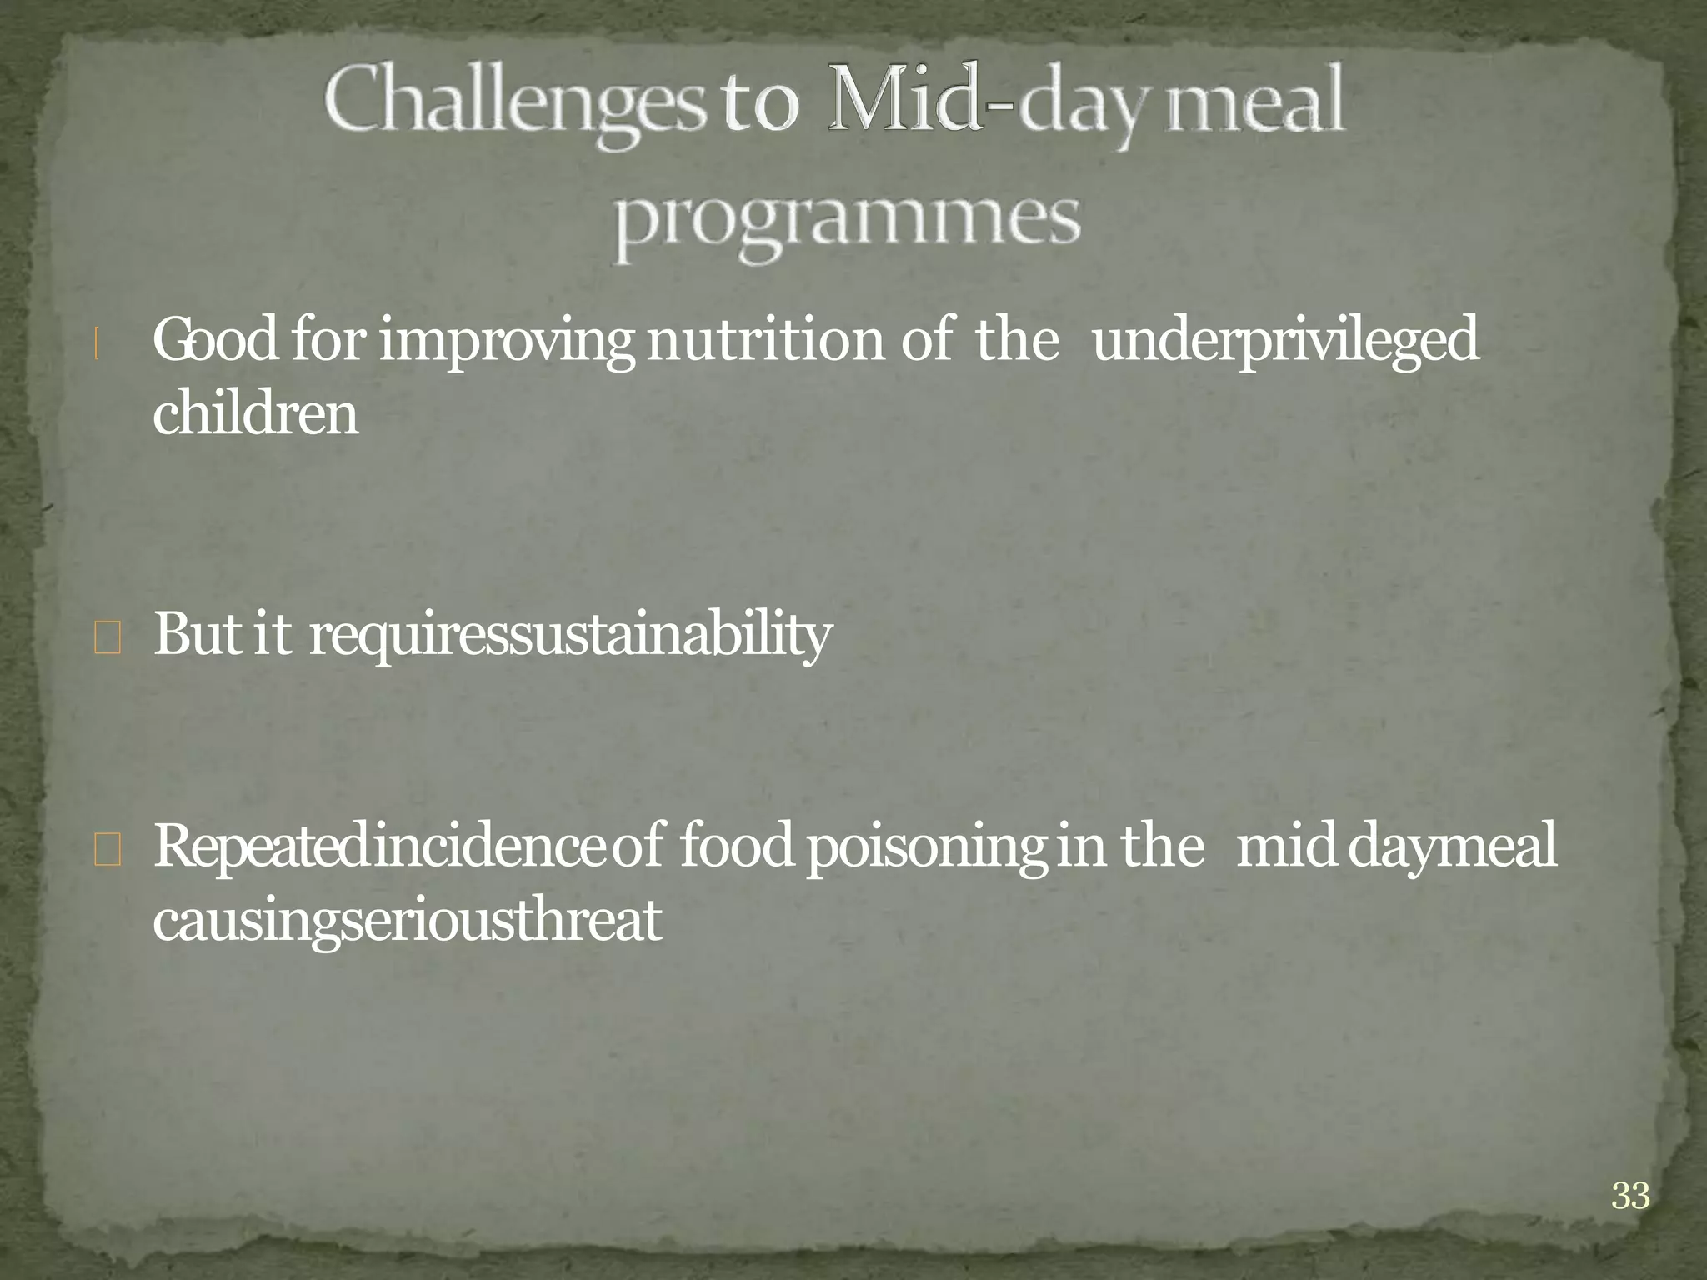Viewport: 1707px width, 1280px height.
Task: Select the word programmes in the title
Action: coord(847,222)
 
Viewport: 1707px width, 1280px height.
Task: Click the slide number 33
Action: coord(1629,1196)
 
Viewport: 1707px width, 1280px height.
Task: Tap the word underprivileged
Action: coord(1284,342)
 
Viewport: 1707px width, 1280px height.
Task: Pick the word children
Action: coord(255,413)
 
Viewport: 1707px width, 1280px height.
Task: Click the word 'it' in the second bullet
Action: coord(271,633)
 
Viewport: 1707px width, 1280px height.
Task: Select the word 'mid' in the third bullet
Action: coord(1284,847)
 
